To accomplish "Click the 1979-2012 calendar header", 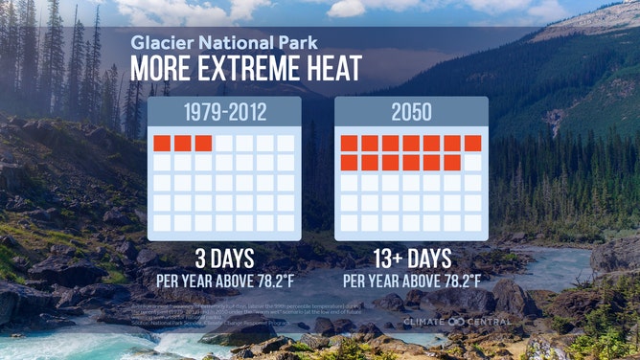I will pos(224,112).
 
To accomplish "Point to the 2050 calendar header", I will pos(411,112).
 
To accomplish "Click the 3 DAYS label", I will pos(223,259).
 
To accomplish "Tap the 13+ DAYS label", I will pos(412,259).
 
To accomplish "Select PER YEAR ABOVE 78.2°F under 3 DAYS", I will pos(223,281).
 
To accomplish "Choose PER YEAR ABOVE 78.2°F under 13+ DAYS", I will pos(412,281).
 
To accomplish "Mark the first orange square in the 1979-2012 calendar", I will pos(162,144).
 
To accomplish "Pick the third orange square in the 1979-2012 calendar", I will pos(203,144).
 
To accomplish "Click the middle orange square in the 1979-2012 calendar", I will pos(183,144).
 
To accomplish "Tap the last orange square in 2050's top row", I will pos(473,144).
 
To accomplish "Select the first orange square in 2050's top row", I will pos(349,144).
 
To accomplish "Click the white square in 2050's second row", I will pos(473,163).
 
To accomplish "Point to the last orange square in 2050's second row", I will pos(452,163).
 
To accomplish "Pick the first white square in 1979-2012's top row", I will pos(224,144).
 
